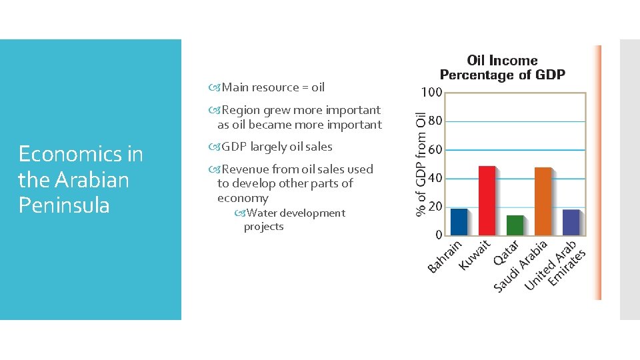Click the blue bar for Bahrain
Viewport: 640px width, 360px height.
click(459, 222)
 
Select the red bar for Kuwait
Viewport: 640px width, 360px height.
click(487, 201)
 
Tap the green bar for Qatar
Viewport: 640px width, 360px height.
click(515, 225)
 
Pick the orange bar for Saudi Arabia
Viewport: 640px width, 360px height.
click(543, 201)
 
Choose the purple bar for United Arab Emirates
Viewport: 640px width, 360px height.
click(571, 223)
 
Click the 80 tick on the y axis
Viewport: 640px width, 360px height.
click(435, 121)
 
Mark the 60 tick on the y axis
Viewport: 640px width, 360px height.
click(435, 150)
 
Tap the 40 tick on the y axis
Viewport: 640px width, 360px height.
click(435, 179)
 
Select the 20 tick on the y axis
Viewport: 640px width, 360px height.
click(435, 207)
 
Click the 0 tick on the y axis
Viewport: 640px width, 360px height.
click(439, 235)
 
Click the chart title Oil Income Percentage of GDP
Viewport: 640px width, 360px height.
click(502, 67)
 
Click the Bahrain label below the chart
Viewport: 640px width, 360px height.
click(444, 257)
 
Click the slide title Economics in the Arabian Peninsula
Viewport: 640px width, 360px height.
click(81, 179)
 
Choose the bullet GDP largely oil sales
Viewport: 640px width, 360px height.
click(276, 147)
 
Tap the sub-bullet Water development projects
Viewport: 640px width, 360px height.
click(294, 219)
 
